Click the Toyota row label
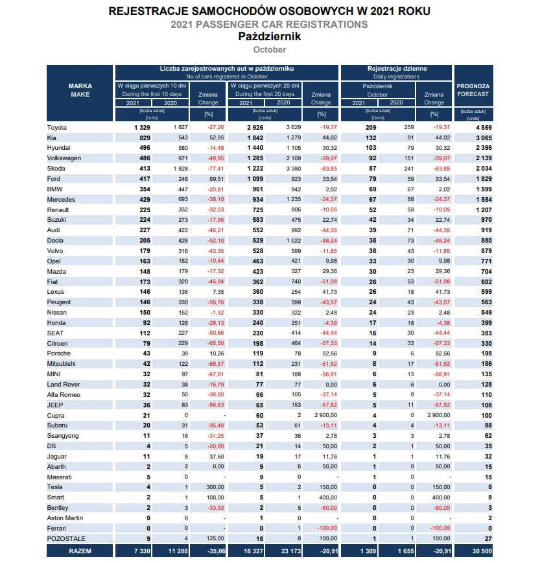[x=56, y=128]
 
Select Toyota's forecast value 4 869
[x=484, y=128]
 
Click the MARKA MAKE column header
[x=80, y=90]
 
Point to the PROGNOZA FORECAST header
[x=473, y=90]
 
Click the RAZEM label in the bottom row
[x=80, y=551]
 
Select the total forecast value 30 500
[x=482, y=551]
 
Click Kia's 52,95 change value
[x=217, y=138]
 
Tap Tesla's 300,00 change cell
[x=215, y=487]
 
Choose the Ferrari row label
[x=56, y=529]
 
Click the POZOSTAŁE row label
[x=66, y=538]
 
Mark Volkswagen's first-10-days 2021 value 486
[x=145, y=158]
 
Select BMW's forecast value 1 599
[x=484, y=189]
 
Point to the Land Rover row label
[x=64, y=385]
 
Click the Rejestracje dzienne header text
[x=397, y=69]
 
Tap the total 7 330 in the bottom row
[x=142, y=551]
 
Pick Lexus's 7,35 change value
[x=218, y=292]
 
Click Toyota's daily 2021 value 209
[x=371, y=128]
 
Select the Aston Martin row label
[x=65, y=518]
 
